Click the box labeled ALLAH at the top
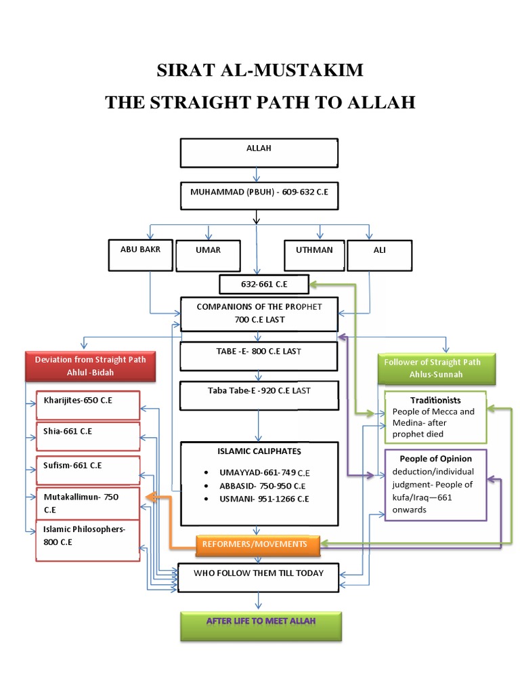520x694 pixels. point(258,152)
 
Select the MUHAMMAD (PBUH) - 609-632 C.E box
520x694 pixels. point(258,196)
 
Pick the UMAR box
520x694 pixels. point(209,255)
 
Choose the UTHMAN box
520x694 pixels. point(313,255)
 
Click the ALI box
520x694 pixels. point(378,255)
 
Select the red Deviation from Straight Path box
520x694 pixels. point(91,367)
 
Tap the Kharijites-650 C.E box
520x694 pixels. point(88,405)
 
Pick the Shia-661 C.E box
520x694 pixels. point(88,435)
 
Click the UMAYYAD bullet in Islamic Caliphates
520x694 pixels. point(257,472)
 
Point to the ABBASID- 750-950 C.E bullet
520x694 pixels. point(257,486)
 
